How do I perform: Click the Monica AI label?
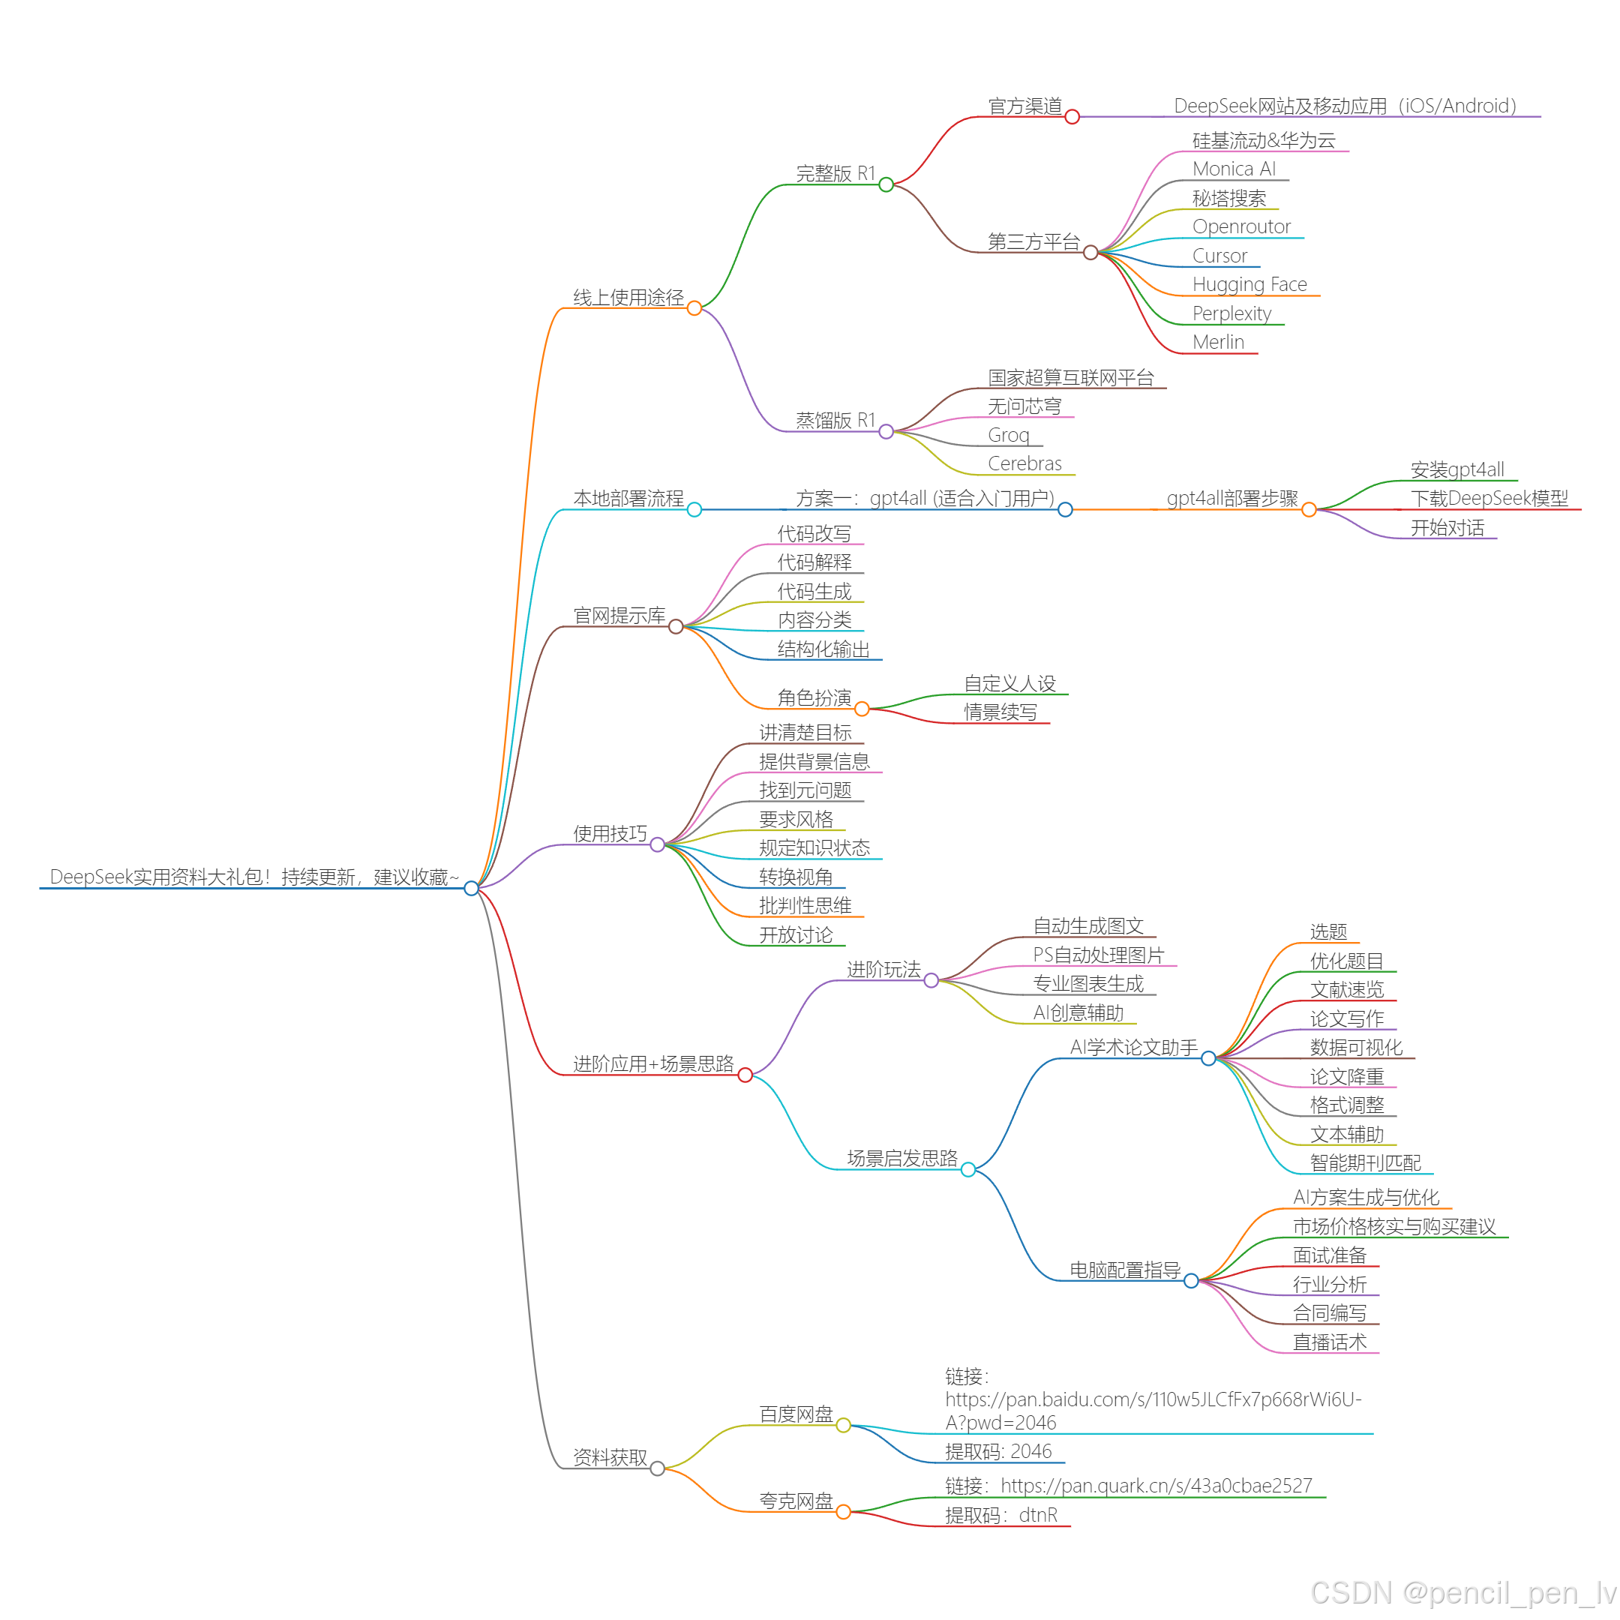pyautogui.click(x=1234, y=169)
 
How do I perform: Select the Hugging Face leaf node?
pyautogui.click(x=1249, y=284)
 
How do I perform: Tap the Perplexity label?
pyautogui.click(x=1231, y=313)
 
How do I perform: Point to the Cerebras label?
pyautogui.click(x=1024, y=463)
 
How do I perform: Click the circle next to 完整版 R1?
pyautogui.click(x=886, y=184)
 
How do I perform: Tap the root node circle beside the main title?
pyautogui.click(x=471, y=888)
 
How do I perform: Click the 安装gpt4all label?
pyautogui.click(x=1457, y=469)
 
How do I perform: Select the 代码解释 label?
pyautogui.click(x=814, y=562)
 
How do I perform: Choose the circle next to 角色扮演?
pyautogui.click(x=862, y=709)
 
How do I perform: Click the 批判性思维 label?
pyautogui.click(x=805, y=905)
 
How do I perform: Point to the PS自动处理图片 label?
pyautogui.click(x=1099, y=955)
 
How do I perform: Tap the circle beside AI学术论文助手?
pyautogui.click(x=1208, y=1058)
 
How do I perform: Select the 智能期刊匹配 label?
pyautogui.click(x=1365, y=1163)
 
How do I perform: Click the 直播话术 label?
pyautogui.click(x=1330, y=1342)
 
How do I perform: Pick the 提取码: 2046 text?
pyautogui.click(x=997, y=1451)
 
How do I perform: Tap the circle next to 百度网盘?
pyautogui.click(x=844, y=1426)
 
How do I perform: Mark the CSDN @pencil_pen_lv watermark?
pyautogui.click(x=1462, y=1592)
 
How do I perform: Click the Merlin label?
pyautogui.click(x=1218, y=342)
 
